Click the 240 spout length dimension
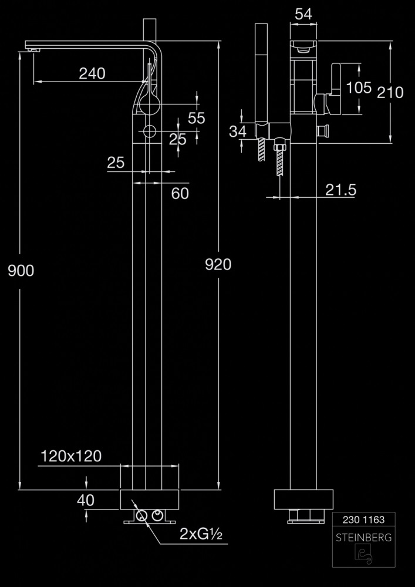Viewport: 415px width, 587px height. point(92,73)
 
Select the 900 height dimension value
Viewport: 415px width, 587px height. point(21,270)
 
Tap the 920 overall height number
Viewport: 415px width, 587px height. point(218,265)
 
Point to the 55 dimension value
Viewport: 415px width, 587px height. point(196,118)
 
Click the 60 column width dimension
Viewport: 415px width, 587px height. point(180,193)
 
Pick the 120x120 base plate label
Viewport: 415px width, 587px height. point(71,456)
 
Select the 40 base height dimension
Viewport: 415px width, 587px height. point(86,500)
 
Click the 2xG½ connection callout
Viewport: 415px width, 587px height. point(200,535)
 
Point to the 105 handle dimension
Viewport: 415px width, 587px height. point(359,87)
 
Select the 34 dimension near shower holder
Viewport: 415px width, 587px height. point(237,131)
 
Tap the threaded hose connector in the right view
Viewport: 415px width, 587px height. point(281,157)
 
